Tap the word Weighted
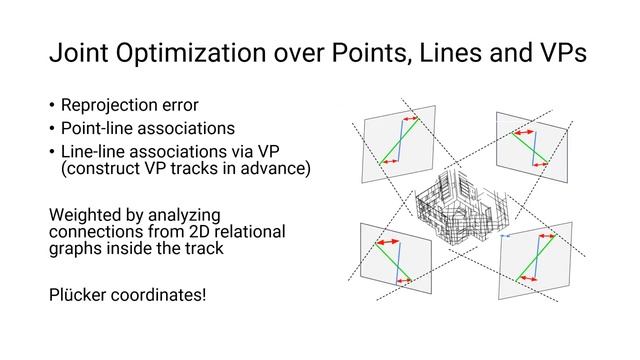(x=89, y=215)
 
